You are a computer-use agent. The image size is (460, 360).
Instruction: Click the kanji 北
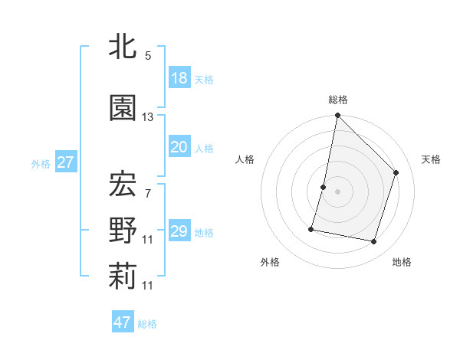coord(123,47)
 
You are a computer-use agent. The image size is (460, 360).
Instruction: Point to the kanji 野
coord(123,230)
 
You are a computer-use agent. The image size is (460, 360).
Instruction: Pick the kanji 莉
coord(123,277)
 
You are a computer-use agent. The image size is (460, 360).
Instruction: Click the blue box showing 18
coord(179,78)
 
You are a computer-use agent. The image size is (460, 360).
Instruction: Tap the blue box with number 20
coord(179,148)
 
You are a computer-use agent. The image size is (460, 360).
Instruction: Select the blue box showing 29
coord(179,231)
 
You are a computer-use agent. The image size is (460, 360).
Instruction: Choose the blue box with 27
coord(65,162)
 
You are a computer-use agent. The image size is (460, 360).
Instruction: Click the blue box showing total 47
coord(123,322)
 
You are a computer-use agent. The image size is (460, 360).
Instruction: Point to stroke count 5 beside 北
coord(148,56)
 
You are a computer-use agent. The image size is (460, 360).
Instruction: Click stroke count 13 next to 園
coord(148,117)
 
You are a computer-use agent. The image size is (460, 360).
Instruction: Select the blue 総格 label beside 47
coord(147,324)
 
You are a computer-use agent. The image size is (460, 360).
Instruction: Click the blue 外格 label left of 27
coord(41,163)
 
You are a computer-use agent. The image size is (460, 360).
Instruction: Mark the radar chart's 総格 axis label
coord(337,100)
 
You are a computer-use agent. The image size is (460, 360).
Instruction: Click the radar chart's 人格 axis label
coord(245,159)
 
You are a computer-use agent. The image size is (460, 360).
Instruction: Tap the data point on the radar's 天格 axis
coord(396,172)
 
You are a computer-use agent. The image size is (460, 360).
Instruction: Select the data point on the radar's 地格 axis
coord(373,241)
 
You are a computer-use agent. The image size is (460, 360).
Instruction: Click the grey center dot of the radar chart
coord(337,191)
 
